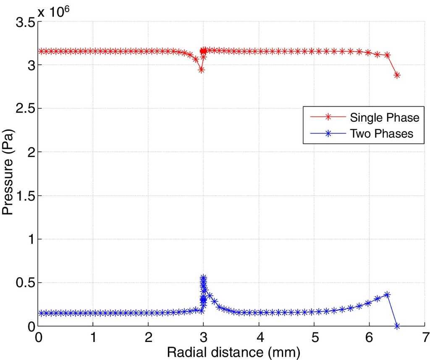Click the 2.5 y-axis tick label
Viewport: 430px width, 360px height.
point(25,109)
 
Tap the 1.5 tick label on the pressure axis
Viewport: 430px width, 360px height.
point(25,196)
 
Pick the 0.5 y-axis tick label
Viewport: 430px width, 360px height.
point(25,283)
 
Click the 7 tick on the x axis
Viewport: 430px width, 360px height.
point(425,337)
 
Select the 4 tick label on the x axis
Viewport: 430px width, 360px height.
point(259,337)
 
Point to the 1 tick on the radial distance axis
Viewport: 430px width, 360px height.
point(93,337)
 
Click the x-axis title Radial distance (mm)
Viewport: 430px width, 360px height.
point(234,352)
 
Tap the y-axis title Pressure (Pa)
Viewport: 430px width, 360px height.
point(8,175)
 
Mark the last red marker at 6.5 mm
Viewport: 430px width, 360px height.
point(397,76)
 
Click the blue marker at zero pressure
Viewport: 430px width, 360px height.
point(397,326)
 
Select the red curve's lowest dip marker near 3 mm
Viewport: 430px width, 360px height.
point(201,70)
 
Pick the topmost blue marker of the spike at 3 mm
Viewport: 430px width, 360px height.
point(203,278)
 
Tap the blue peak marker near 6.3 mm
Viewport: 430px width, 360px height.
point(387,295)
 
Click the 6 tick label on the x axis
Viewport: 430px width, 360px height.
point(369,337)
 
